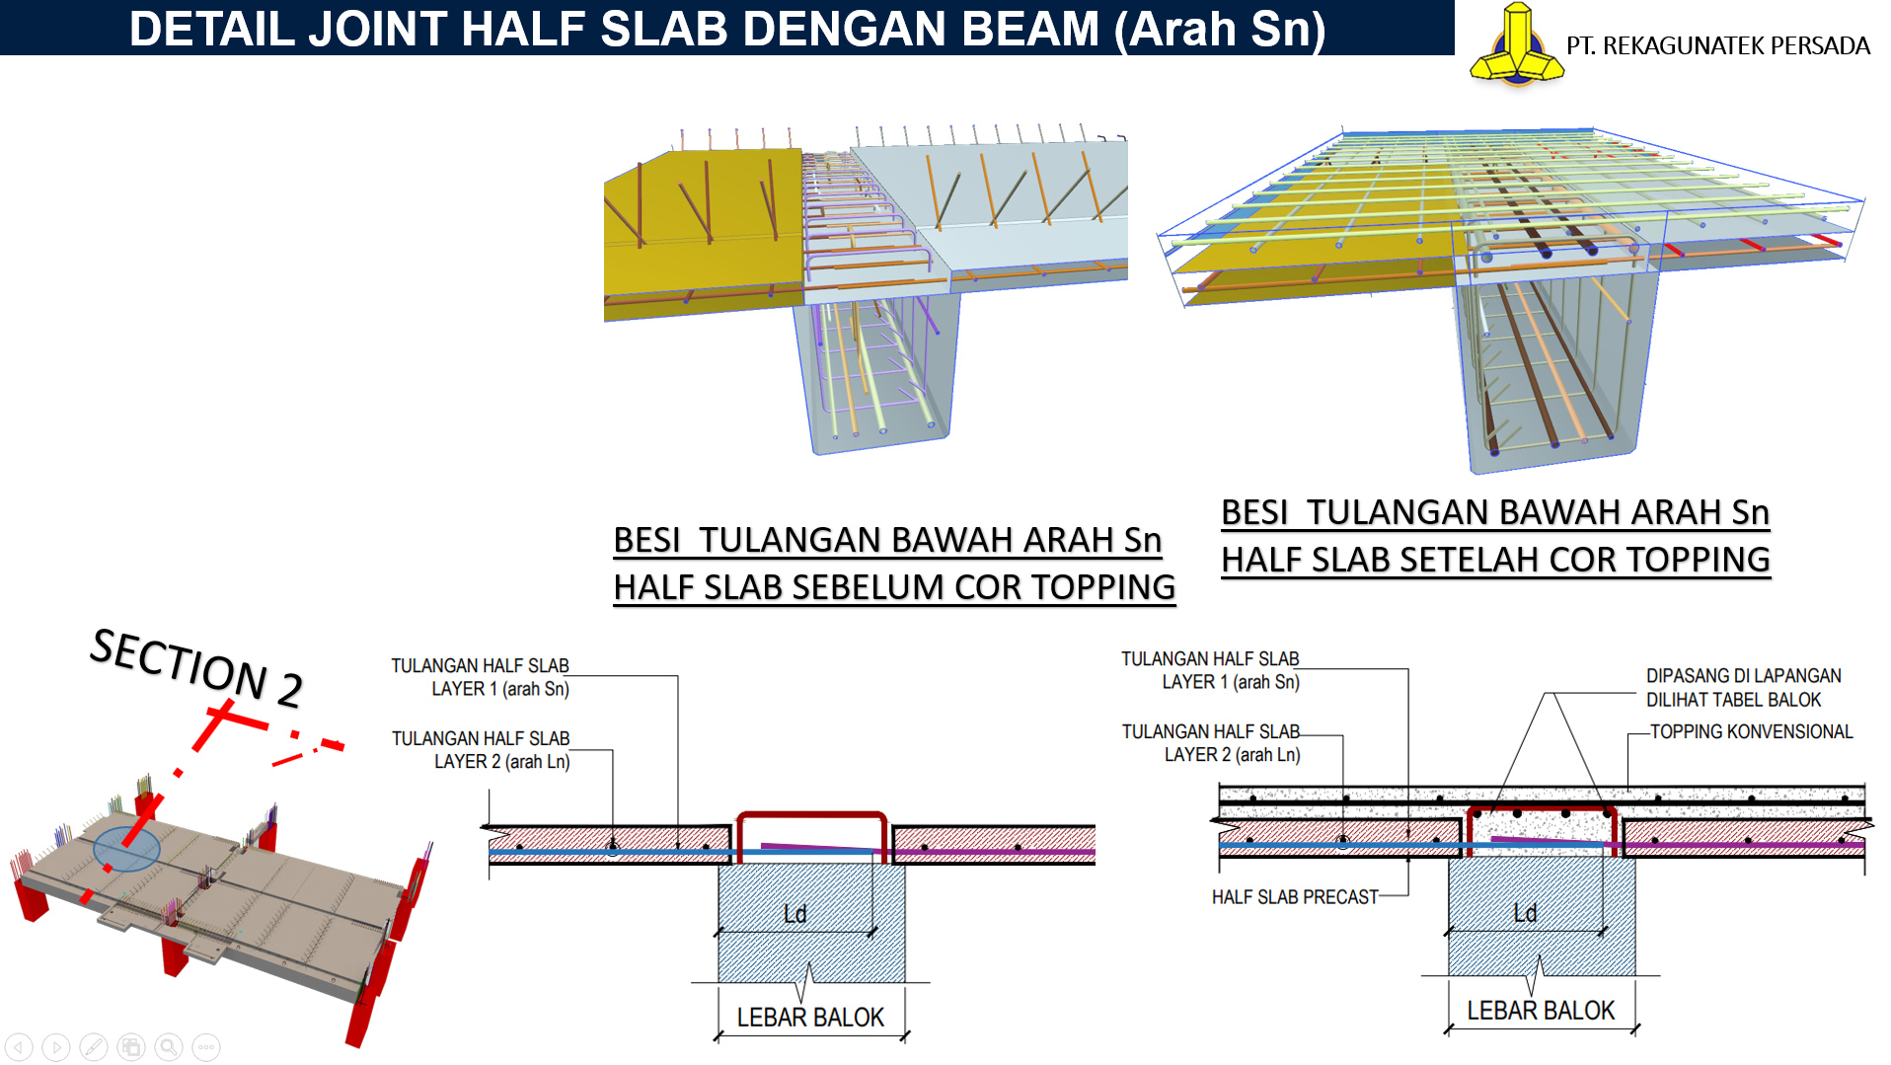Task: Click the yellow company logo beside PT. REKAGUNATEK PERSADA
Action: point(1517,44)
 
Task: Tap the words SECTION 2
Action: point(196,667)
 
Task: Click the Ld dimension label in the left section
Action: point(794,914)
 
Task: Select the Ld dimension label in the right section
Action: point(1525,913)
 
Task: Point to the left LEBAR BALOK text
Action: point(810,1017)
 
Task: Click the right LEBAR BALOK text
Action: point(1541,1010)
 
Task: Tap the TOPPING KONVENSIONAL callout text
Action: point(1752,731)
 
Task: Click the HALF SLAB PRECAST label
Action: point(1295,896)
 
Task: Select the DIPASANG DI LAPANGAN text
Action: point(1744,675)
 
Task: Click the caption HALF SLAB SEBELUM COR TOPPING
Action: point(894,587)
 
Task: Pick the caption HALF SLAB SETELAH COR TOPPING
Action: point(1496,560)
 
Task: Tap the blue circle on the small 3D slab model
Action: point(126,849)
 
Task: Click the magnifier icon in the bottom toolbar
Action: point(169,1046)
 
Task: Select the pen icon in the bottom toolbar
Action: point(94,1046)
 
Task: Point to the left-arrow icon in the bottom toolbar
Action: point(19,1046)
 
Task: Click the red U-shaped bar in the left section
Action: point(811,815)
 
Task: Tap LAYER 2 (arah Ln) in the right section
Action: point(1232,754)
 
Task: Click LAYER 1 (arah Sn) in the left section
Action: point(500,688)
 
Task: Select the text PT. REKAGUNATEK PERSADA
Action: point(1718,45)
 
